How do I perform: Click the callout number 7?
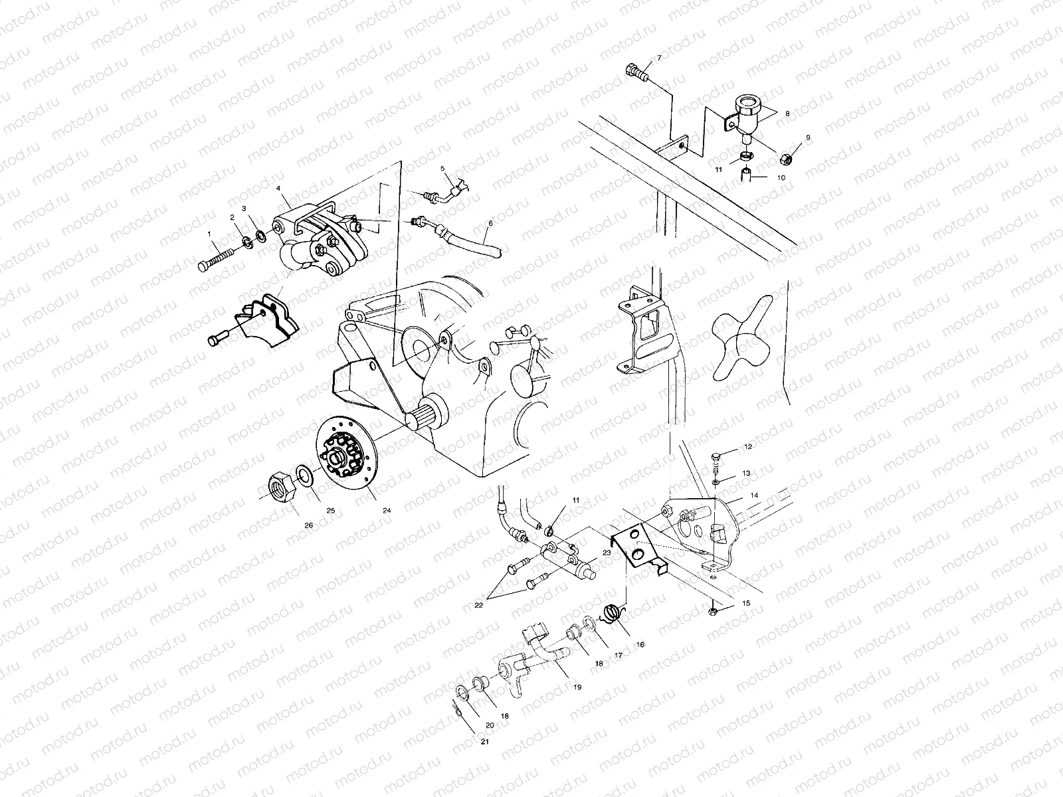[659, 58]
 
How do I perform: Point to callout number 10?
[781, 178]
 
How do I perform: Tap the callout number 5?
[442, 169]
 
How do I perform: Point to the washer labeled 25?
[305, 476]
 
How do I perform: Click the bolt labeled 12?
[716, 457]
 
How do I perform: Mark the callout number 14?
[754, 495]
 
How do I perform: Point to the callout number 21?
[485, 742]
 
